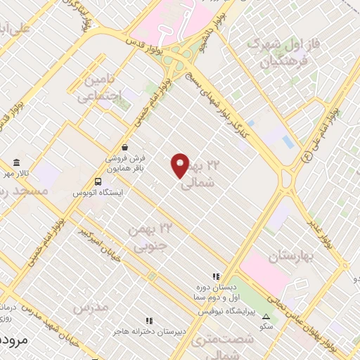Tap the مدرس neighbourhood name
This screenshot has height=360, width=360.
click(91, 308)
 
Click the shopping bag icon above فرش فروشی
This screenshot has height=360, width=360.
click(124, 148)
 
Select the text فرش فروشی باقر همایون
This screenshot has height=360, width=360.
click(124, 164)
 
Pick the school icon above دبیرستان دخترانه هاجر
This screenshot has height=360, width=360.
click(148, 321)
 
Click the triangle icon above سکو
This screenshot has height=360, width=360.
click(266, 316)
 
